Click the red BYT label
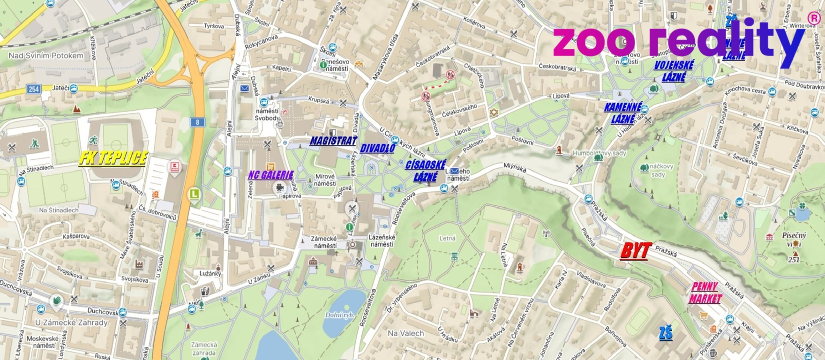coord(636,251)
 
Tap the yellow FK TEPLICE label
coord(113,158)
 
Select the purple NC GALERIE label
coord(270,175)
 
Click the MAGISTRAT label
coord(333,141)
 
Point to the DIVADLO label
coord(377,149)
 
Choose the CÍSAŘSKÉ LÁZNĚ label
coord(425,171)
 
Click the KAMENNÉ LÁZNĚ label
coord(622,113)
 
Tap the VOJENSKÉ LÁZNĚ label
coord(674,71)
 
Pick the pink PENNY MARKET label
coord(705,292)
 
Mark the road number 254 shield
coord(34,89)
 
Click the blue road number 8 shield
coord(197,122)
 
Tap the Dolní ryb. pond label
coord(339,315)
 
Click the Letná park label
coord(447,238)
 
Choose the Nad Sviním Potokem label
coord(46,56)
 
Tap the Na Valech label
coord(405,333)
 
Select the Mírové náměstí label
coord(325,180)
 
